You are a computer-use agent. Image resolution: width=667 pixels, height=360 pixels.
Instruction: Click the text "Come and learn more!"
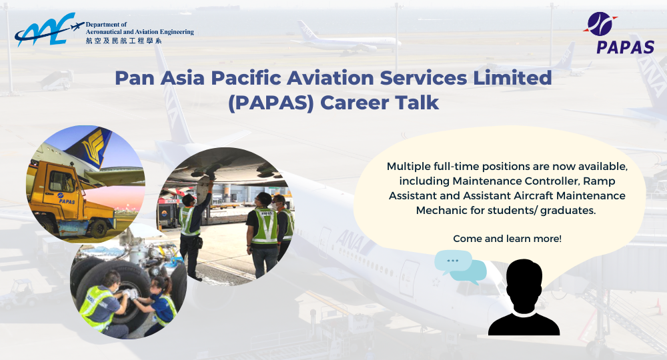[507, 238]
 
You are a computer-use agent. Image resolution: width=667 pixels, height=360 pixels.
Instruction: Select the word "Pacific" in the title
[271, 78]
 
